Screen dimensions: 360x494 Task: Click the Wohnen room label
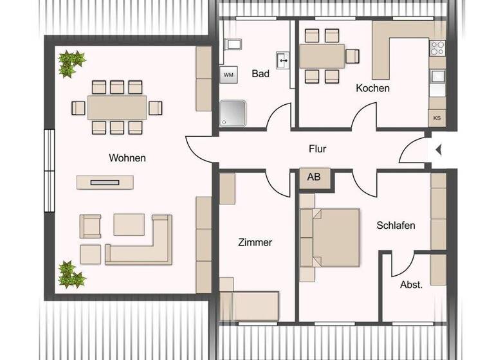tap(127, 157)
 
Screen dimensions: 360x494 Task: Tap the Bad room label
tap(260, 73)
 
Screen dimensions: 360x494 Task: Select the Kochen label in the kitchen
tap(372, 88)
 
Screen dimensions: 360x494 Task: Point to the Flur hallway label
tap(317, 148)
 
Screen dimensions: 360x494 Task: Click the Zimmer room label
tap(255, 242)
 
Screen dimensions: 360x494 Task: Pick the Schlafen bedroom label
tap(396, 225)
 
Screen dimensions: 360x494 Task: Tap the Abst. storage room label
tap(411, 284)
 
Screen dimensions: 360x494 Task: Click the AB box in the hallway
tap(314, 177)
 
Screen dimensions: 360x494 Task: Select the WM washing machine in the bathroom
tap(228, 75)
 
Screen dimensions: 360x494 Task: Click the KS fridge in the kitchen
tap(437, 118)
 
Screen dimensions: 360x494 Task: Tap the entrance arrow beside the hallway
tap(438, 150)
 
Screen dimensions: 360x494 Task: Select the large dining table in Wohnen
tap(116, 107)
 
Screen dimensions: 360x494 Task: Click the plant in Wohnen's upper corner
tap(71, 63)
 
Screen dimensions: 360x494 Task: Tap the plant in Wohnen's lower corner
tap(70, 275)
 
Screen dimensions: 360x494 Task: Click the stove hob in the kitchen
tap(437, 48)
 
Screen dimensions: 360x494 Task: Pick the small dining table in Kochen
tap(322, 56)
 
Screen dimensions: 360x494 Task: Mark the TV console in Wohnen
tap(105, 182)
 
